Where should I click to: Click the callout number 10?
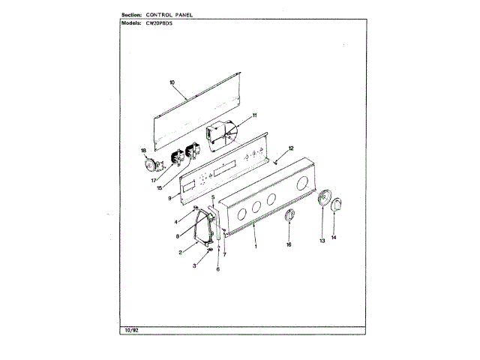click(x=172, y=82)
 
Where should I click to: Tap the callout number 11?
click(x=254, y=115)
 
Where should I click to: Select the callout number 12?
click(x=291, y=148)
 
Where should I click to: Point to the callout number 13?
click(x=322, y=241)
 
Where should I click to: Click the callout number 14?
click(x=334, y=238)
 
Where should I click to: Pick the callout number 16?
click(x=289, y=244)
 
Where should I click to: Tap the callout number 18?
click(x=145, y=151)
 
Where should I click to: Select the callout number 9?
click(x=170, y=198)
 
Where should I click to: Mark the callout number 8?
click(x=178, y=236)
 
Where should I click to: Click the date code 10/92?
click(x=130, y=330)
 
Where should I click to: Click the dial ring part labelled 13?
click(x=324, y=199)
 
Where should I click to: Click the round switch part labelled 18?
click(x=152, y=166)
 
